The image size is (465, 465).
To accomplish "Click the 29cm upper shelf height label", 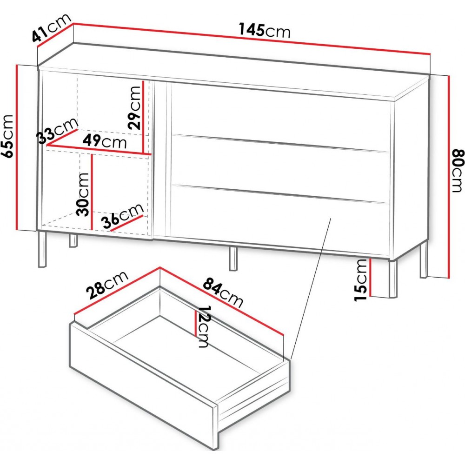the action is tap(134, 107).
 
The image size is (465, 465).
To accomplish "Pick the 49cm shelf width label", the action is tap(105, 141).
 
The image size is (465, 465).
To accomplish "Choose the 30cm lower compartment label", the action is tap(82, 194).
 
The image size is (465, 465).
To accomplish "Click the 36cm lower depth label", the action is tap(122, 216).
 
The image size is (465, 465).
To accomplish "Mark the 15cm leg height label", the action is tap(361, 280).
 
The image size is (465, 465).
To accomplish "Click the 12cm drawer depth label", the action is tap(204, 326).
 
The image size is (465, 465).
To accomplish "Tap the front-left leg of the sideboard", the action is tap(43, 249).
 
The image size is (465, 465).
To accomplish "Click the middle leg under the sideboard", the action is tap(234, 258).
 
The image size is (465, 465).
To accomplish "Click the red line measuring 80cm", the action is tap(449, 177).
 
